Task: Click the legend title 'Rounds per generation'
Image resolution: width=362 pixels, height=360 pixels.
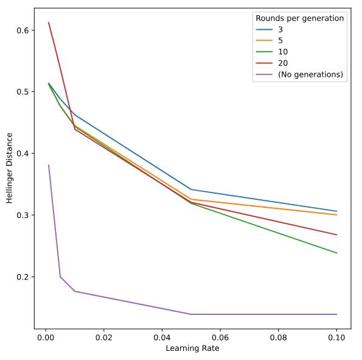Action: [x=299, y=18]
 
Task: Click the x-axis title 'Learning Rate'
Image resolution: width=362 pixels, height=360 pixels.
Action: [x=192, y=348]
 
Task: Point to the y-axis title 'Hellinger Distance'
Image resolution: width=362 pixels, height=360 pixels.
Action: [x=10, y=169]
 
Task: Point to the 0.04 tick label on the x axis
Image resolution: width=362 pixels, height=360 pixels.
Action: [x=162, y=336]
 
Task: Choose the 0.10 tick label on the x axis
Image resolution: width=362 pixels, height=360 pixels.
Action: [x=336, y=336]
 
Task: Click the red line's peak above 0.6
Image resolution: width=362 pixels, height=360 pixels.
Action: [x=49, y=23]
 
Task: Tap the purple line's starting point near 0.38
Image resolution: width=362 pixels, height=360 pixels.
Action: [x=49, y=165]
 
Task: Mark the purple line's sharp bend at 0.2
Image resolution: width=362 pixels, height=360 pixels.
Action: [x=60, y=277]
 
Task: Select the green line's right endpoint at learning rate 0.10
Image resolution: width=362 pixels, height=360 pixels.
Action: [x=336, y=253]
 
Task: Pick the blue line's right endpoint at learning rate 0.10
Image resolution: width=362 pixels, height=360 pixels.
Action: [x=336, y=211]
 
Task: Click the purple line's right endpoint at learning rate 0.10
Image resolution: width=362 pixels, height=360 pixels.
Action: [x=336, y=314]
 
